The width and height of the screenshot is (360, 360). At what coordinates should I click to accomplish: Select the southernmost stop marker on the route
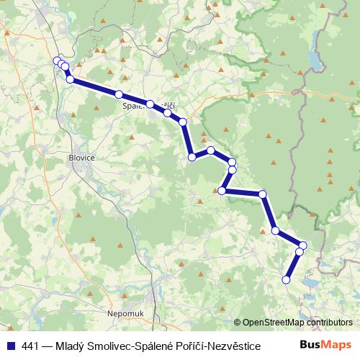287,279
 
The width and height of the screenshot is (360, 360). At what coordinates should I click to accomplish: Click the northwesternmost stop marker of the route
57,60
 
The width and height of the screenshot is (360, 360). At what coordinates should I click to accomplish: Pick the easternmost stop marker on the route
303,246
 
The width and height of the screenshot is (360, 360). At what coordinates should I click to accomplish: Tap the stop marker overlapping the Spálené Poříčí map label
150,104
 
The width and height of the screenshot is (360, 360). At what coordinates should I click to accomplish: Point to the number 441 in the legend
31,346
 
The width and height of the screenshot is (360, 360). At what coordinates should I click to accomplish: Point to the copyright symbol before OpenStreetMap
238,323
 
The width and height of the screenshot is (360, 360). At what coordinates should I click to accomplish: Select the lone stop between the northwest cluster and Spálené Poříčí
119,94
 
